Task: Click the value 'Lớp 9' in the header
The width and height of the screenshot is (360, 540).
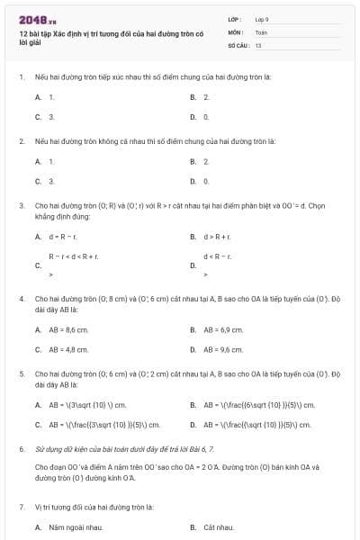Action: (x=262, y=19)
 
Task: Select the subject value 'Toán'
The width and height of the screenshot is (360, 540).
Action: (x=261, y=31)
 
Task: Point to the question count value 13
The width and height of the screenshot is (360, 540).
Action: (x=258, y=44)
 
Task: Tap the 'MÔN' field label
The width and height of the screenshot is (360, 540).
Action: (x=235, y=31)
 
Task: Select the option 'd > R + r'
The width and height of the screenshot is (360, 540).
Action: (x=217, y=237)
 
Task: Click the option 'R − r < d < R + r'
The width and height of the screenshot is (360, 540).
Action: (x=74, y=256)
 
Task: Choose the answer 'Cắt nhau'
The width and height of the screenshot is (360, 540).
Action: (x=220, y=526)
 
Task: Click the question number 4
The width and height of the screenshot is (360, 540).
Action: (x=21, y=298)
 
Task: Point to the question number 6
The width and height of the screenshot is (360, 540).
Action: (x=21, y=447)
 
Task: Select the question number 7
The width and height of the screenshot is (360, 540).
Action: (x=21, y=507)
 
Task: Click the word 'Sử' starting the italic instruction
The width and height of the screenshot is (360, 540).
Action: (x=40, y=447)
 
